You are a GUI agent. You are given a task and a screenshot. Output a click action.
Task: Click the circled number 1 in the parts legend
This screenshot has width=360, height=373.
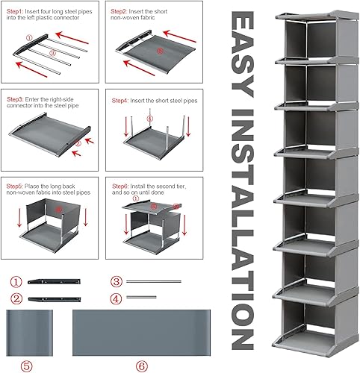point(15,283)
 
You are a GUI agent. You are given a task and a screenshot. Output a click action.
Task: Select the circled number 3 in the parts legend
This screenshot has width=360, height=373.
point(116,283)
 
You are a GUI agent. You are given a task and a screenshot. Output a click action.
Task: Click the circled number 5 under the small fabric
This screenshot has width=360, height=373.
point(28,366)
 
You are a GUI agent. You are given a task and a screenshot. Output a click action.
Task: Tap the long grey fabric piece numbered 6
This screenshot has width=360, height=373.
point(142,333)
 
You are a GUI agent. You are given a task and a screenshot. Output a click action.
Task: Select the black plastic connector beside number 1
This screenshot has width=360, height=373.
point(56,283)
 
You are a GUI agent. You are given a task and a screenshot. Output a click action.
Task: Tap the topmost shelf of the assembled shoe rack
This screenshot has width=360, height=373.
point(307,16)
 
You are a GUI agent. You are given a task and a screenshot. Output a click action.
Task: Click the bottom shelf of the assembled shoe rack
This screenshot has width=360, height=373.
point(307,339)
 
